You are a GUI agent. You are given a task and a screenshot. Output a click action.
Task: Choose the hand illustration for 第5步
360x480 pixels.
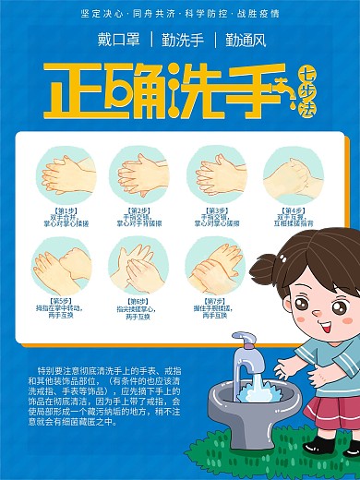(x=63, y=264)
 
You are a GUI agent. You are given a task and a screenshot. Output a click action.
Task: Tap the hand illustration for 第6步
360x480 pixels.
(x=139, y=264)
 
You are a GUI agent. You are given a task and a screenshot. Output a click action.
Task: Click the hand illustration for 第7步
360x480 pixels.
(x=216, y=264)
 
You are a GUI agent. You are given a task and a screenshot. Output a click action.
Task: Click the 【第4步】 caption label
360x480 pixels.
(x=294, y=210)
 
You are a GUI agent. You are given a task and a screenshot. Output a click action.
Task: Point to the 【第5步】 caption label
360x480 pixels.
(x=63, y=300)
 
